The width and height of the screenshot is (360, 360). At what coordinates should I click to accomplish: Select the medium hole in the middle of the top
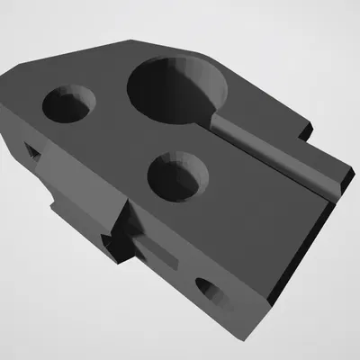(x=177, y=174)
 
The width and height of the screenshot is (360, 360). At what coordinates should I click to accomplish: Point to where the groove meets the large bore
(x=216, y=117)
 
